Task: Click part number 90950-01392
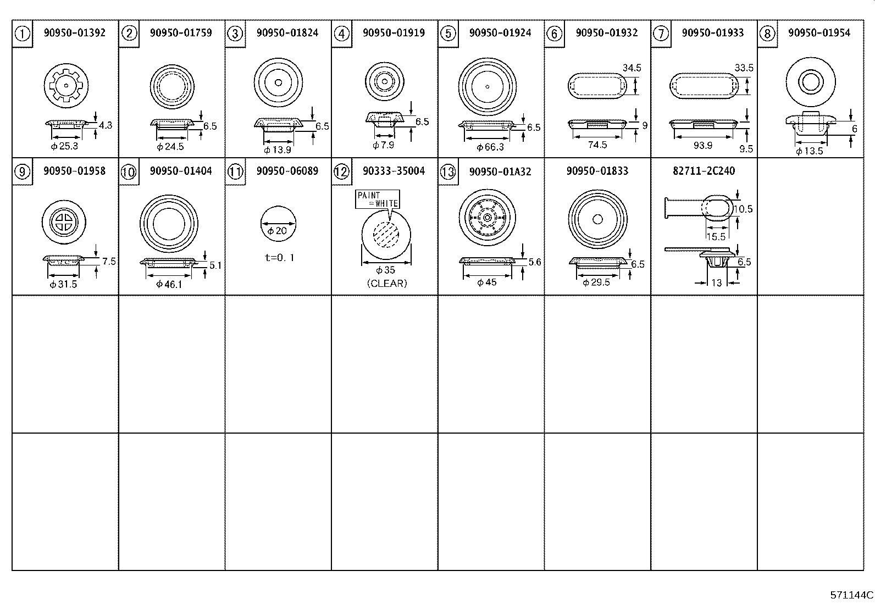point(75,32)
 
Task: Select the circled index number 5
point(448,34)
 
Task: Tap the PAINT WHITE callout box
point(378,200)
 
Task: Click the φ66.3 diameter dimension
point(490,147)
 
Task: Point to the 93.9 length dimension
point(703,145)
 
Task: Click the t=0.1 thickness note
point(280,257)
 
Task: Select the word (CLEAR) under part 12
point(387,283)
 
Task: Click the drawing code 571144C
point(851,595)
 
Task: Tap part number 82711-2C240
point(704,171)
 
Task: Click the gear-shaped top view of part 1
point(66,86)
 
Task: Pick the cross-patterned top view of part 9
point(64,222)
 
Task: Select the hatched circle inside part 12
point(386,235)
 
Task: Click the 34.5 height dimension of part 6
point(632,68)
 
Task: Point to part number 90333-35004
point(394,171)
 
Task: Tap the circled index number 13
point(448,172)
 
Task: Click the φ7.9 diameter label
point(384,145)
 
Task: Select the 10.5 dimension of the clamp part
point(743,209)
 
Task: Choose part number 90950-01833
point(597,171)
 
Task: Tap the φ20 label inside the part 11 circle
point(278,231)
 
